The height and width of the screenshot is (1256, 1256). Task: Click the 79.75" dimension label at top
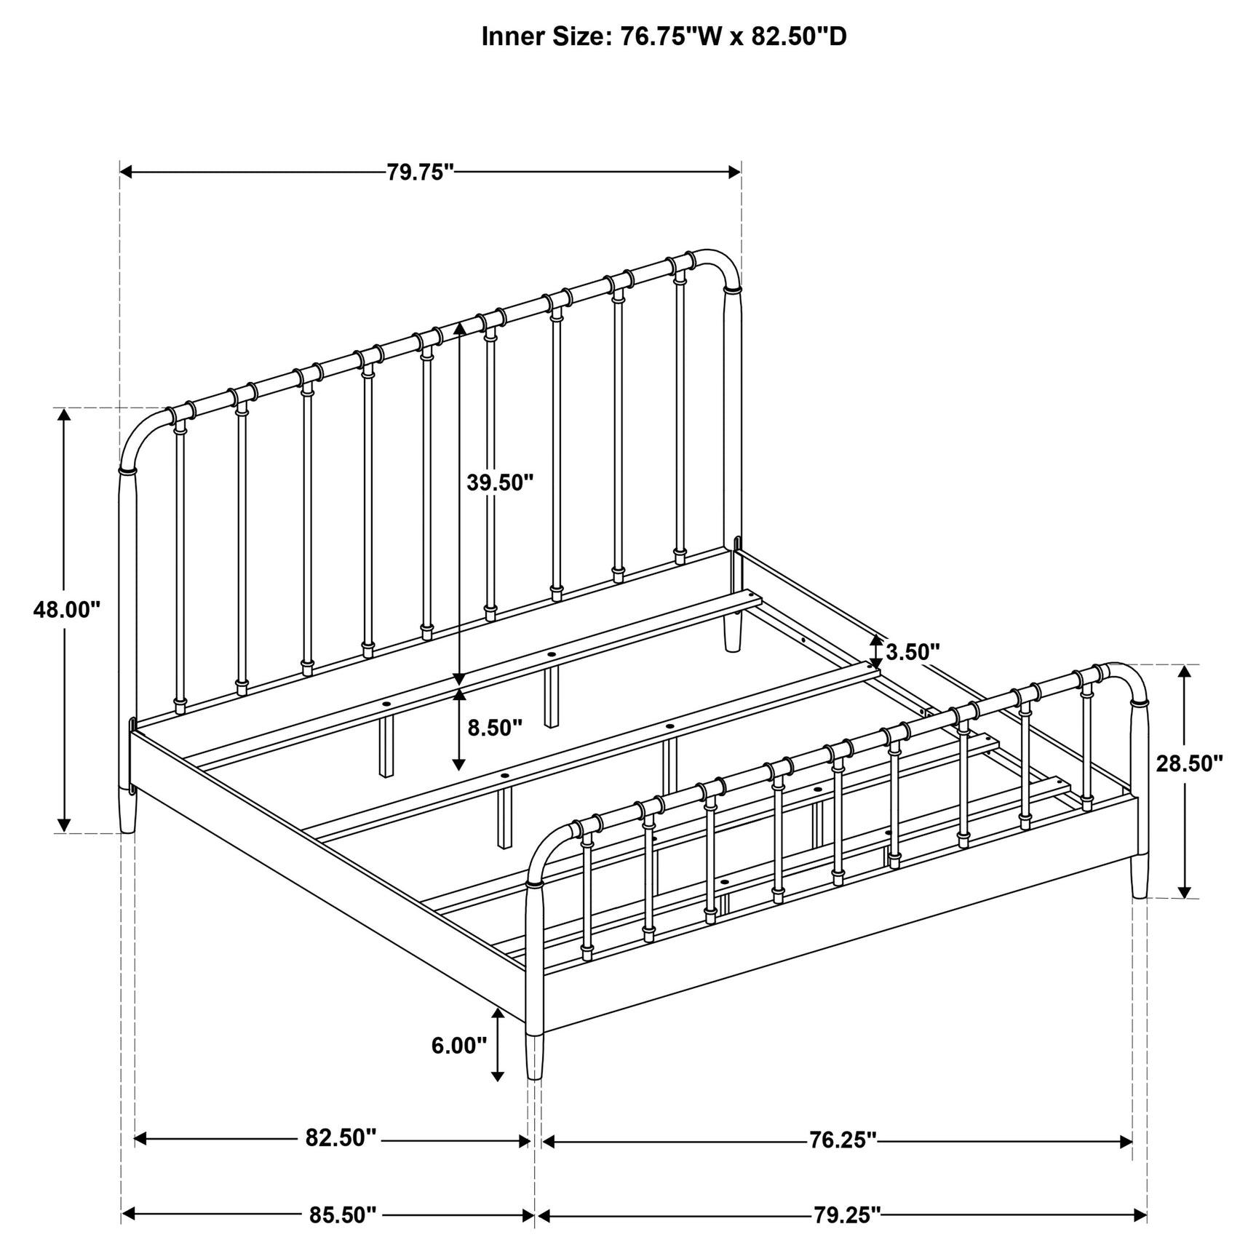point(420,172)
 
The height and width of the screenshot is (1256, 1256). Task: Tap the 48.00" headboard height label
point(66,609)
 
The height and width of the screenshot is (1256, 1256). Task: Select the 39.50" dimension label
point(501,482)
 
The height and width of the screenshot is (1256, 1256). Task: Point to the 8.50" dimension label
point(495,728)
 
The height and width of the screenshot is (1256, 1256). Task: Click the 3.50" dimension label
point(913,651)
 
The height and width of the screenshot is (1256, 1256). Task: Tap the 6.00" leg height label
point(459,1046)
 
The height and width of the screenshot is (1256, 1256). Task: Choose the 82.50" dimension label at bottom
point(341,1137)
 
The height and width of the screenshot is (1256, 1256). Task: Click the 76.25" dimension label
point(843,1140)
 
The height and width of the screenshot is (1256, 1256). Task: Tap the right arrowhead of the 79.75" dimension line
point(735,172)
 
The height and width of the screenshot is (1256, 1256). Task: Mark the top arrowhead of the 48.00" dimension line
point(64,415)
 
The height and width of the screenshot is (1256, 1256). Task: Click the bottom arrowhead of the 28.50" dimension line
point(1185,891)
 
